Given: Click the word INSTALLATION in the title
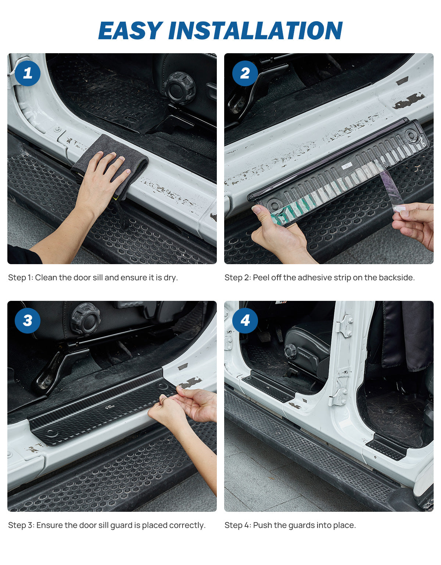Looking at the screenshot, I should click(255, 30).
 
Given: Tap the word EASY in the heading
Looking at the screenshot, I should click(130, 30).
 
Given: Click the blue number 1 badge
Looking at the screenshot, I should click(28, 73).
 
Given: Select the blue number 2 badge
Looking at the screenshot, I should click(245, 73).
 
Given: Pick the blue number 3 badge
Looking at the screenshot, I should click(28, 321).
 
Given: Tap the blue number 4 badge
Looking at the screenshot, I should click(245, 321).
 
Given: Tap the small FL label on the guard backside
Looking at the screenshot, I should click(346, 166).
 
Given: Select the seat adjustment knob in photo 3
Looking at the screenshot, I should click(85, 318).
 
